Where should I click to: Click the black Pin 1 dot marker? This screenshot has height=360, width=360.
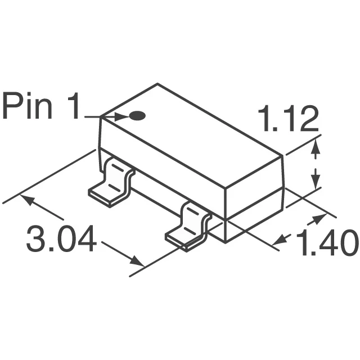click(x=137, y=116)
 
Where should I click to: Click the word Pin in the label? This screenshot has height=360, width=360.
click(x=33, y=107)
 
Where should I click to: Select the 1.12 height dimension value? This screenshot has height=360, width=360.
click(x=289, y=120)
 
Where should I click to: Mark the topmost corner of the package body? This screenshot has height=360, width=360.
click(x=157, y=84)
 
